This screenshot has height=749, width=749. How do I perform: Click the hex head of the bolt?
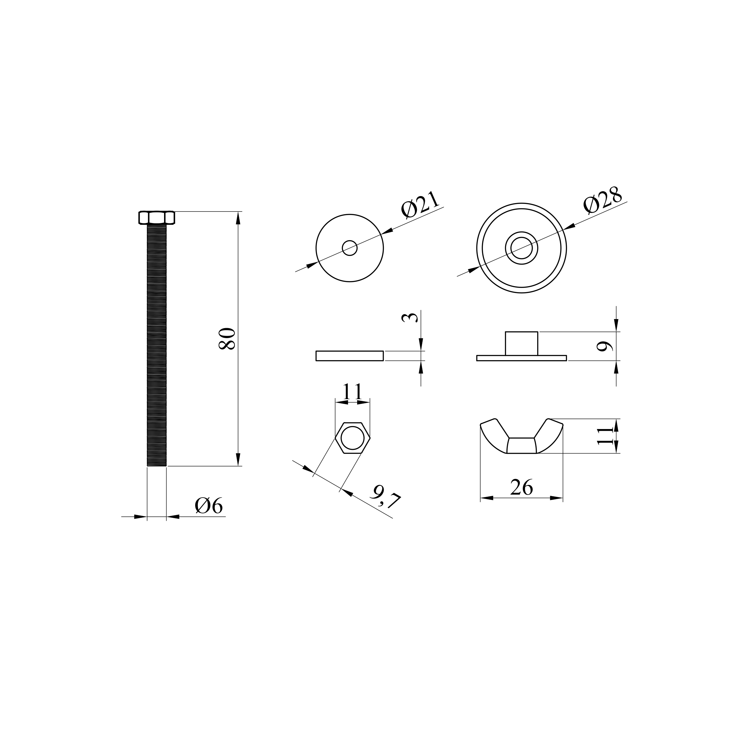(x=157, y=218)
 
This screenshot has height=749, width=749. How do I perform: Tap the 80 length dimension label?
(x=227, y=338)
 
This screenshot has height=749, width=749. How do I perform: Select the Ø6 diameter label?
(x=209, y=506)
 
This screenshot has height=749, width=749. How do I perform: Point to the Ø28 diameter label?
(x=603, y=200)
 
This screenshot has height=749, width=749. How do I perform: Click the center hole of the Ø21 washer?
(x=350, y=248)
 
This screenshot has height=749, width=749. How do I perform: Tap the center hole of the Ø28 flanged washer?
(x=521, y=248)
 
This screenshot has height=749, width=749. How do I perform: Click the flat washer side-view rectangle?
(x=350, y=356)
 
